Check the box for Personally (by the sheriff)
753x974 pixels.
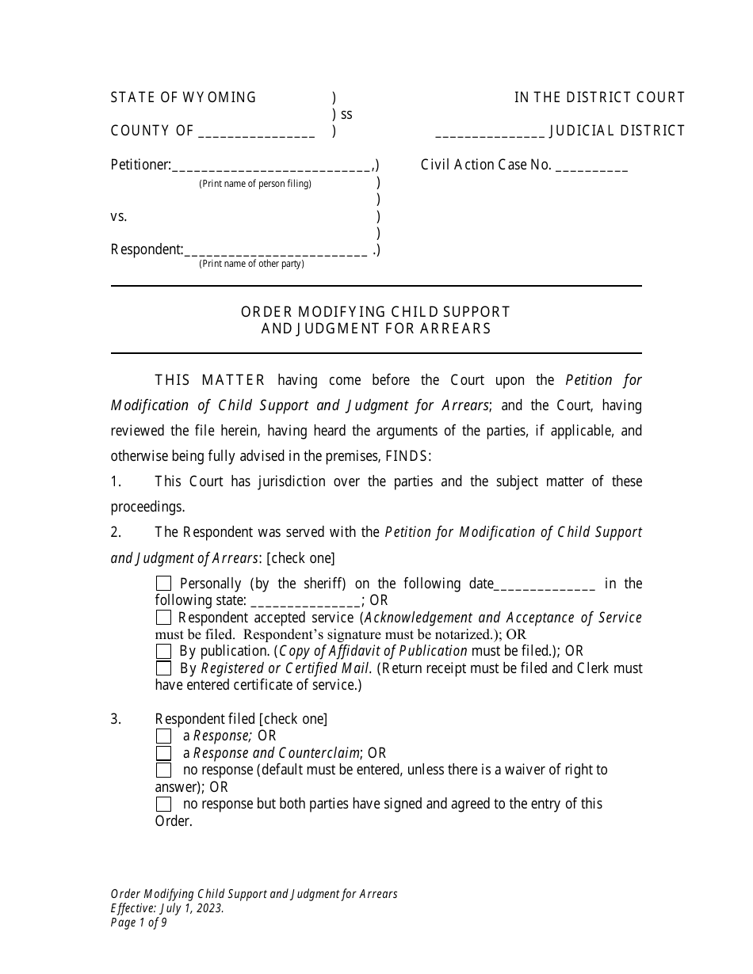[163, 584]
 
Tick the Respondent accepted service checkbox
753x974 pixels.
[163, 618]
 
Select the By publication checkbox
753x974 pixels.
[163, 651]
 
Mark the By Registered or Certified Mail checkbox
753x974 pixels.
[163, 668]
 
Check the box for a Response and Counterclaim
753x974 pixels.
[163, 753]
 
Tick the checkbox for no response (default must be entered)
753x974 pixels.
[163, 770]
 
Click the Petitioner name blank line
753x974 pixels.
[271, 166]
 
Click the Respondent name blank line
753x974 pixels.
[275, 250]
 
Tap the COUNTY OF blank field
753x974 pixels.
[256, 132]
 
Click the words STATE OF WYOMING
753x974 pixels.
[183, 97]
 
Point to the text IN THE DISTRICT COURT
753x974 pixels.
[599, 97]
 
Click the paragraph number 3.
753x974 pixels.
[116, 719]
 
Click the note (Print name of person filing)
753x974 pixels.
[254, 184]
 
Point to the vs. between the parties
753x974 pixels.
[119, 216]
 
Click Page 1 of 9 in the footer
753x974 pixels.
[139, 922]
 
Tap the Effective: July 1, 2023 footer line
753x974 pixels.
[167, 908]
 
